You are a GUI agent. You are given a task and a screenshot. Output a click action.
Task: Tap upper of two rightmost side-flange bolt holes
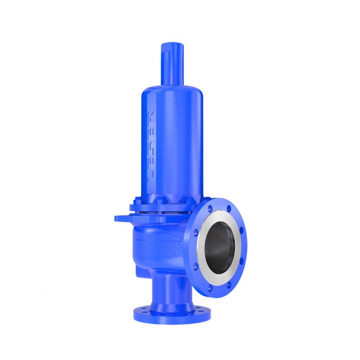coord(242,231)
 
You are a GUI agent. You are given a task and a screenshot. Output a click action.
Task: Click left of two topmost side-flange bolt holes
coord(208,206)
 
